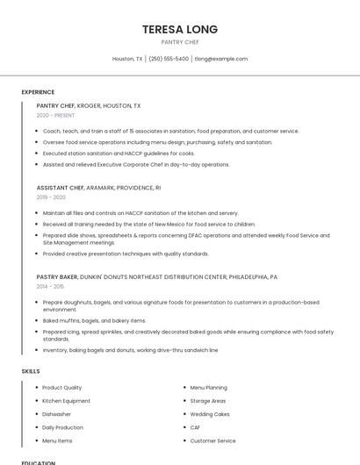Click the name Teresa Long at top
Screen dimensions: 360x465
[180, 29]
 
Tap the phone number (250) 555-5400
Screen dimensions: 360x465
[168, 59]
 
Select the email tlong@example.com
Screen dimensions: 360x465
[221, 59]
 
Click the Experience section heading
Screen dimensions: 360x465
[38, 92]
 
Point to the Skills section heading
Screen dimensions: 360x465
[31, 371]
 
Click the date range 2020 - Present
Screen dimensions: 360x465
[55, 115]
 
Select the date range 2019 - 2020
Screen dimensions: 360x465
[51, 197]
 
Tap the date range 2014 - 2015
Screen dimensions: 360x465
[50, 286]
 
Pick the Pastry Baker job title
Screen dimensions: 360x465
[55, 276]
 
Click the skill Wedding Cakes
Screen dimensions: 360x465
[210, 414]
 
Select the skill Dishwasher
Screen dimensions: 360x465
[56, 414]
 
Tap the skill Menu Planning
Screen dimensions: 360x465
[209, 387]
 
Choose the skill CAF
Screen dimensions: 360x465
[195, 427]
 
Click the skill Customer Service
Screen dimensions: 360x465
[212, 440]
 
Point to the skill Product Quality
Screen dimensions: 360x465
[61, 387]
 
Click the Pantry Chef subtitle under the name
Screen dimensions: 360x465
[180, 41]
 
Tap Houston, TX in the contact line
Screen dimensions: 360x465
[127, 59]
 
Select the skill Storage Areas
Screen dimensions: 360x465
[208, 401]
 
